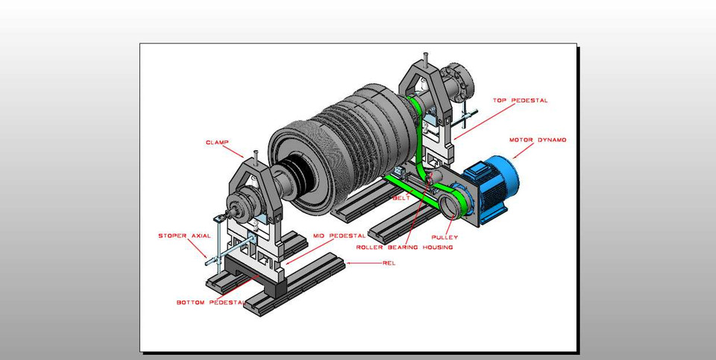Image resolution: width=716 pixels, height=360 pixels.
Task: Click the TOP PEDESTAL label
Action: tap(520, 101)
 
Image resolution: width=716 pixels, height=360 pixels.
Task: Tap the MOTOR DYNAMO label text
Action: tap(538, 140)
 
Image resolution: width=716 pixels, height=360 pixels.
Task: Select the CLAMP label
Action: tap(217, 143)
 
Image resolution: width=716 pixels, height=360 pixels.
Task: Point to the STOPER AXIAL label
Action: tap(184, 236)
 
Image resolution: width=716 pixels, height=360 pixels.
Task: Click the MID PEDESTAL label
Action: tap(339, 236)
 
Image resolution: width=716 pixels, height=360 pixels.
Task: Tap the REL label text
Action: tap(389, 263)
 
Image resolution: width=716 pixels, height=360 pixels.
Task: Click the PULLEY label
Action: tap(445, 237)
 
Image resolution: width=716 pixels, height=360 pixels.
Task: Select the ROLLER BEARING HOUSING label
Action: tap(404, 247)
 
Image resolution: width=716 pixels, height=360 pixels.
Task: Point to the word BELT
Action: tap(401, 198)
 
